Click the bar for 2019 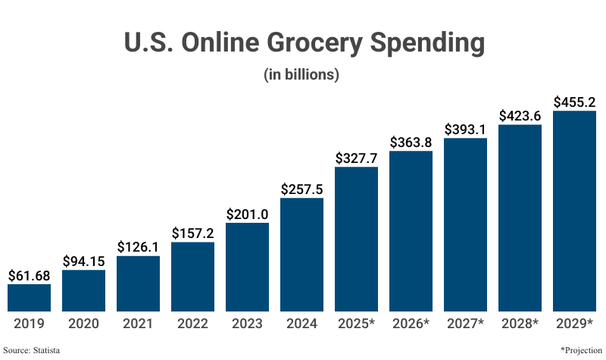click(29, 297)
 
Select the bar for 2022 click(192, 276)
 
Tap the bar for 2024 click(301, 254)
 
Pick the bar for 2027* click(465, 224)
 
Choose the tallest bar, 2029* click(574, 211)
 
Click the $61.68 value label click(29, 275)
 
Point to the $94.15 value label click(83, 261)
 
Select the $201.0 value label click(247, 214)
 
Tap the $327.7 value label click(356, 158)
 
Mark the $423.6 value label click(520, 116)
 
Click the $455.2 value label click(574, 102)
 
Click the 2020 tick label click(83, 324)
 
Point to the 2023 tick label click(247, 324)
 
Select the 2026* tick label click(411, 324)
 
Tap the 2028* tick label click(520, 324)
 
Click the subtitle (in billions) click(301, 75)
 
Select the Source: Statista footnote click(32, 350)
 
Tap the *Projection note click(580, 350)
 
